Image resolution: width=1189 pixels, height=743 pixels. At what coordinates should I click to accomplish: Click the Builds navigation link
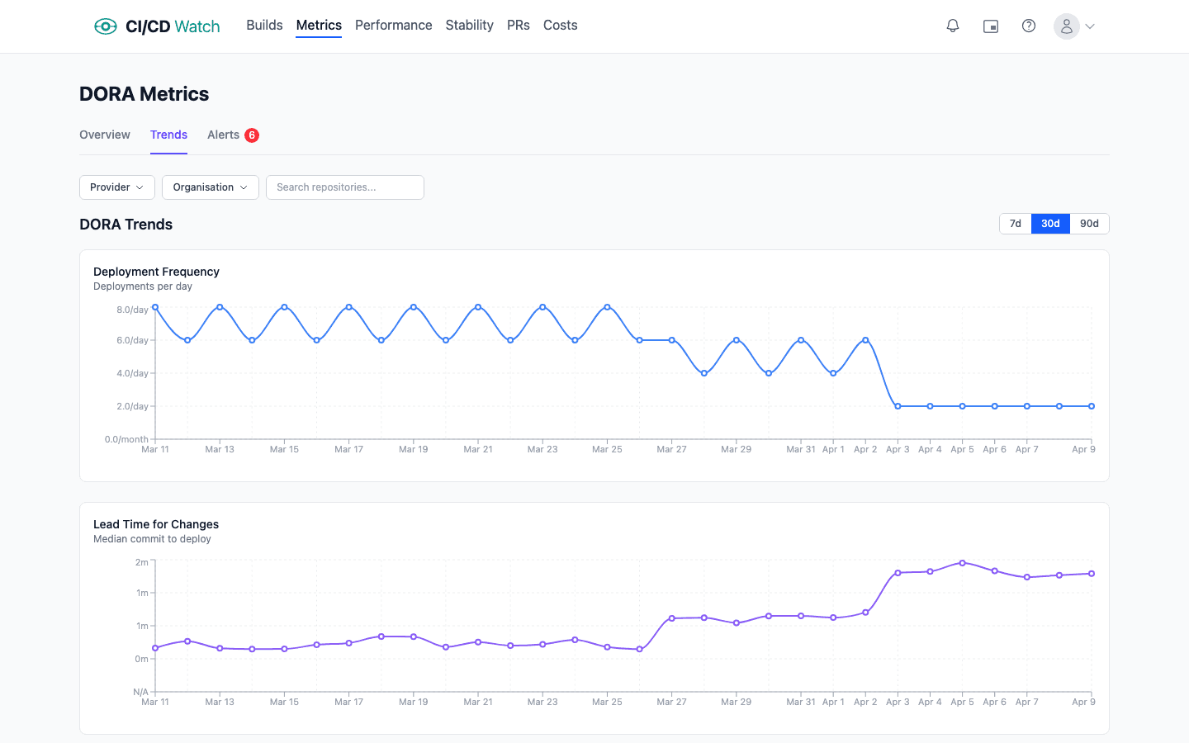pos(264,26)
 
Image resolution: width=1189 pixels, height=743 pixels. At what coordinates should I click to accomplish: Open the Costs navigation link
pos(560,26)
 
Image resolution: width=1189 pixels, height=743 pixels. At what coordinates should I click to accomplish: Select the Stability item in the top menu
pos(469,26)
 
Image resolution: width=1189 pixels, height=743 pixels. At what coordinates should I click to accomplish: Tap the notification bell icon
pos(953,26)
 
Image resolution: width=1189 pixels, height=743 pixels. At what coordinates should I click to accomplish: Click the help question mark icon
pos(1029,26)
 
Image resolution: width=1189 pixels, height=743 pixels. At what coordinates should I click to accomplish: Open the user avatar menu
pos(1073,26)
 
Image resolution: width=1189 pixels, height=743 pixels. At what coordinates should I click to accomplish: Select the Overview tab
pos(105,135)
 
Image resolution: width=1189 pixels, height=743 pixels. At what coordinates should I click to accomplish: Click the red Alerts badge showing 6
pos(252,135)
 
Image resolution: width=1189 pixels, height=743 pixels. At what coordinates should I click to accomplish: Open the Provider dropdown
pos(117,187)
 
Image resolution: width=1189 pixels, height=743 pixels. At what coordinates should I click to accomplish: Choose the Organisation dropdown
pos(211,187)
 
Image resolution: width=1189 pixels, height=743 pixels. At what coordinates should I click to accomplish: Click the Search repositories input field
pos(345,187)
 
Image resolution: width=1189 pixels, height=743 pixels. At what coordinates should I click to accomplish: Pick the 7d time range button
pos(1016,224)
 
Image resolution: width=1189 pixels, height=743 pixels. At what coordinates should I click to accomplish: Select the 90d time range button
pos(1089,224)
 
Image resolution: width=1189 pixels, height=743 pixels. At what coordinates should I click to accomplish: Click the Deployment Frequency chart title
pos(156,272)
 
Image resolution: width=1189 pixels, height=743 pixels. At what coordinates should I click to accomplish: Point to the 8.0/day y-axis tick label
pos(132,310)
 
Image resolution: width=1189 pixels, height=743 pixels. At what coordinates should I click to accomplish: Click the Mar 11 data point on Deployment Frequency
pos(155,307)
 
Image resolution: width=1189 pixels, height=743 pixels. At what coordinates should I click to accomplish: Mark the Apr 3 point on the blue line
pos(898,406)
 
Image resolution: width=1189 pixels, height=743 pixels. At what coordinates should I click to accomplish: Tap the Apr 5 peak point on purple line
pos(962,563)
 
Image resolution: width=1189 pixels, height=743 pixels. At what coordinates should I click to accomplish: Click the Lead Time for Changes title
pos(156,524)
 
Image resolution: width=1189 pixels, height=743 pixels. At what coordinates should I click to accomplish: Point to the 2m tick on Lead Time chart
pos(142,562)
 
